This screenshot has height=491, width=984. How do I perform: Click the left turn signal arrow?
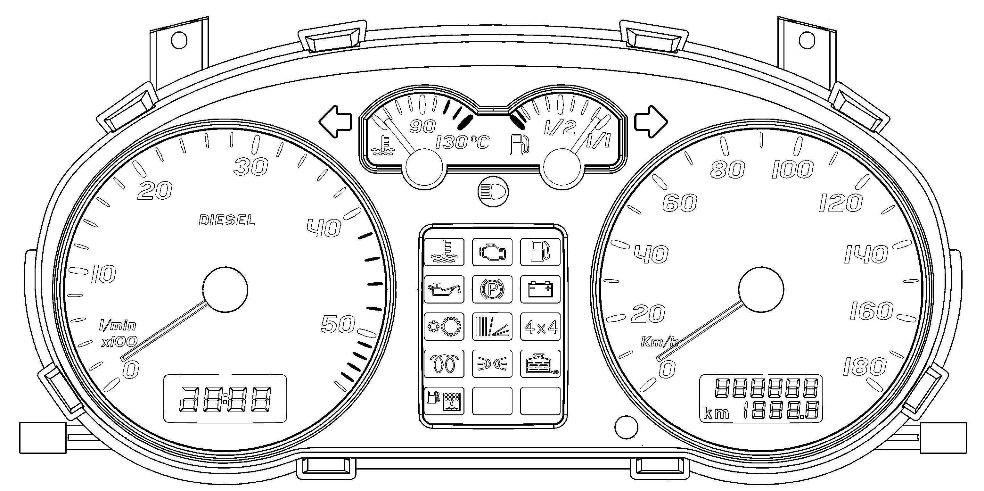[x=335, y=122]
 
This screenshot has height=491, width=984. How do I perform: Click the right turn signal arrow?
[x=651, y=122]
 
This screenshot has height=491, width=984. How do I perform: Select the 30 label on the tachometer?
[x=251, y=167]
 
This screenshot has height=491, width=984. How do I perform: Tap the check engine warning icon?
[x=492, y=252]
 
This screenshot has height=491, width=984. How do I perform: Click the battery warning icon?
[x=540, y=289]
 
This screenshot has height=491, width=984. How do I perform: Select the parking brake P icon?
[x=492, y=289]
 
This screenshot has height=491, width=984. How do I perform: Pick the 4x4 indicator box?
[x=540, y=327]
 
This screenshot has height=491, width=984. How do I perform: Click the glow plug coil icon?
[x=444, y=364]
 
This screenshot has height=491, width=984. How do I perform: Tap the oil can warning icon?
[x=444, y=289]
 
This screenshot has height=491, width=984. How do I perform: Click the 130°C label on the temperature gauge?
[x=462, y=142]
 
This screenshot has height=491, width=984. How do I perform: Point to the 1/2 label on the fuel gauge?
[x=560, y=128]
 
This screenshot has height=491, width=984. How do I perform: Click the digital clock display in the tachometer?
[x=225, y=398]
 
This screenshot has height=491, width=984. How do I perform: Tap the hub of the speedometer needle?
[x=761, y=289]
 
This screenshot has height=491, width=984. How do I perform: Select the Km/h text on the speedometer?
[x=659, y=341]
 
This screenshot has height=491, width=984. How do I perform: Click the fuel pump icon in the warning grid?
[x=540, y=252]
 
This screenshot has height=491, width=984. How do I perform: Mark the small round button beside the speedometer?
[x=627, y=427]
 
